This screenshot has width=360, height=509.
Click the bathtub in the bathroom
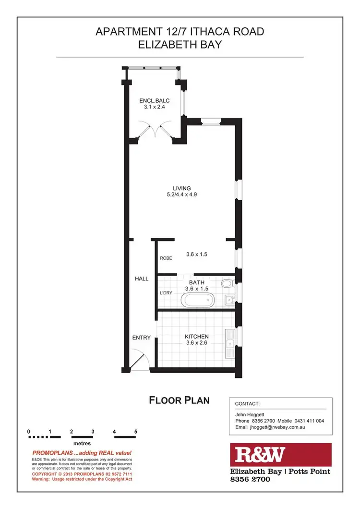(197, 301)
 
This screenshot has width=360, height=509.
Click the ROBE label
(166, 258)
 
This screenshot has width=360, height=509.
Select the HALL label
(142, 279)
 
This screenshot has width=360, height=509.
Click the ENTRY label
(142, 338)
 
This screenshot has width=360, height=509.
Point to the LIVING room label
(182, 188)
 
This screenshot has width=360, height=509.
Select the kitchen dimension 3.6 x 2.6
(197, 343)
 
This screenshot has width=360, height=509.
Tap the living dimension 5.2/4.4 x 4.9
(182, 195)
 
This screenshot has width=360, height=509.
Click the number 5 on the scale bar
(136, 431)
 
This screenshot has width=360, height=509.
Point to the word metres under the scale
(82, 444)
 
